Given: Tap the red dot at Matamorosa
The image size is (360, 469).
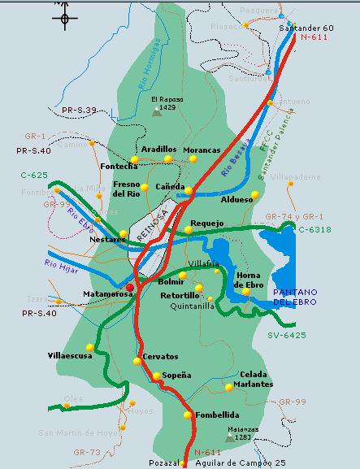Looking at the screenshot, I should pyautogui.click(x=130, y=288).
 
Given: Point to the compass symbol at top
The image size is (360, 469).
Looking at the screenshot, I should pyautogui.click(x=64, y=17).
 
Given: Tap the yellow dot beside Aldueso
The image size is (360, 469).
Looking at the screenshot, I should pyautogui.click(x=254, y=195).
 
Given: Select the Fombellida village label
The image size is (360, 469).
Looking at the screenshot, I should pyautogui.click(x=217, y=415).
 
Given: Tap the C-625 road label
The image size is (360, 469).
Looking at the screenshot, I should pyautogui.click(x=34, y=175).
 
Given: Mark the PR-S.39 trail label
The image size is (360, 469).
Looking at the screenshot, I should pyautogui.click(x=56, y=110).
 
